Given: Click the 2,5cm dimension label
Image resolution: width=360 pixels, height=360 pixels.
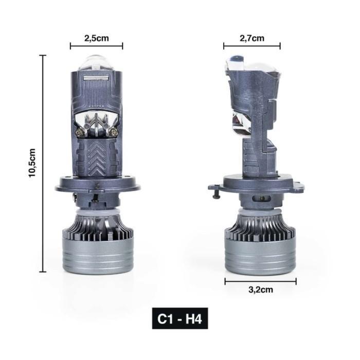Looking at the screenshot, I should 96,38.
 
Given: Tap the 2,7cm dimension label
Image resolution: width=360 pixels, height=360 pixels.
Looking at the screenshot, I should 251,38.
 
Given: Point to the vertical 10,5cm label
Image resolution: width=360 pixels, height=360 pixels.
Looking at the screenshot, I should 32,164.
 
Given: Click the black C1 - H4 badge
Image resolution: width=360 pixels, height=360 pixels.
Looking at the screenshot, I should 180,318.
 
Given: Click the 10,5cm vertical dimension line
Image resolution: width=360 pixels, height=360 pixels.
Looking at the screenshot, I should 43,164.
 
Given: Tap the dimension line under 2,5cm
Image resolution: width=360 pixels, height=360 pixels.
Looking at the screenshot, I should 96,46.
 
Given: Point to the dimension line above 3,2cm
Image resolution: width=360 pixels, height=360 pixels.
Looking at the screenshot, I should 260,281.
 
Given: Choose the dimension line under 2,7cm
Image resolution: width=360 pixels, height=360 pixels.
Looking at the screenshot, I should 251,46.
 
